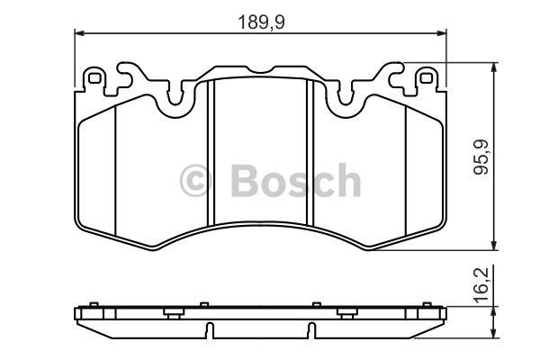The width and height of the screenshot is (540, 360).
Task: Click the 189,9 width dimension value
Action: [261, 22]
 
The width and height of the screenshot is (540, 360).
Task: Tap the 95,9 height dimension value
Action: [481, 157]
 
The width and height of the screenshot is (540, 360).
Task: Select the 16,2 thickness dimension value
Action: [481, 285]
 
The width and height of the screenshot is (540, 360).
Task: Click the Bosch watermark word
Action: [296, 180]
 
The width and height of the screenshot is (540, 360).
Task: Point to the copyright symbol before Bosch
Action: [195, 181]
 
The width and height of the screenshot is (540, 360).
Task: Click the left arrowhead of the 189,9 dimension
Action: [79, 33]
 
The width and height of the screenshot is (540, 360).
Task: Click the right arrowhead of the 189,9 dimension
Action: [442, 33]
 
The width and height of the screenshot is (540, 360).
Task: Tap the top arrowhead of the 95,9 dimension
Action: [494, 67]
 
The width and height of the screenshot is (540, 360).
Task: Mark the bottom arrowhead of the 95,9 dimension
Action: [494, 246]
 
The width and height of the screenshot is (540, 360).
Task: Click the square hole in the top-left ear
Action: [94, 78]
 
